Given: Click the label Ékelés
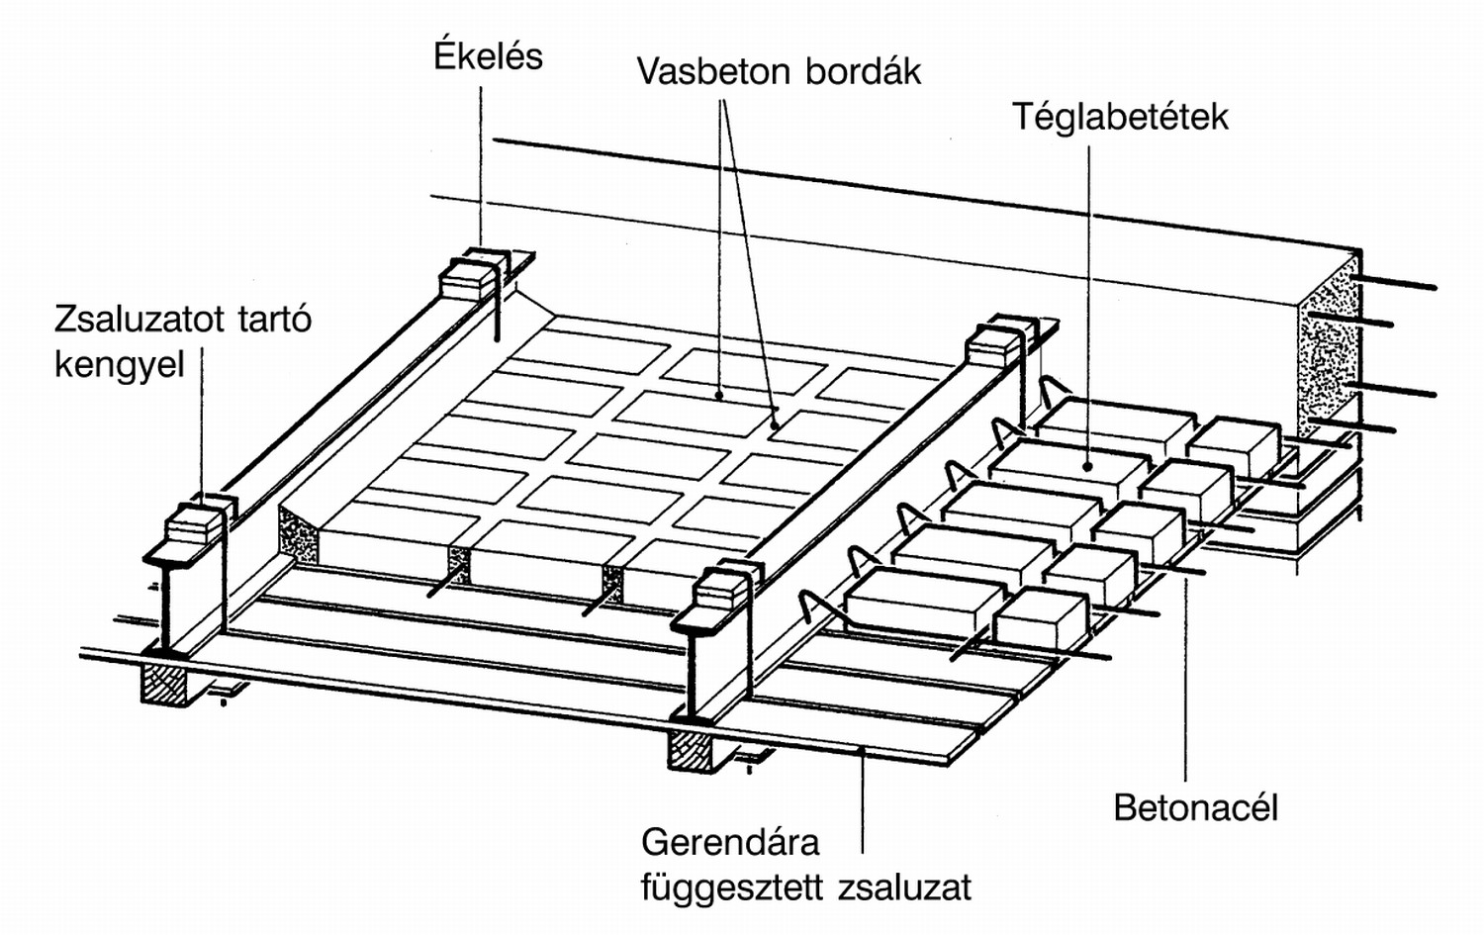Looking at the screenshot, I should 488,56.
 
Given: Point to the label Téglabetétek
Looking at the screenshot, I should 1120,118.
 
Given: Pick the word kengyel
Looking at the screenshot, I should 120,365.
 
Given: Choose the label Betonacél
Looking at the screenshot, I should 1195,808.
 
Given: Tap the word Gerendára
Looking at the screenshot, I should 730,843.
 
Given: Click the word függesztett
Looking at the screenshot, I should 734,888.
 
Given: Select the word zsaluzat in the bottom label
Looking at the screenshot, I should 904,888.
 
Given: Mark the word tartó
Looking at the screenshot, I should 276,321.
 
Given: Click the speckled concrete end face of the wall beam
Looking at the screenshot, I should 1328,346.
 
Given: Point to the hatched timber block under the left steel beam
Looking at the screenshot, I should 167,684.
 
